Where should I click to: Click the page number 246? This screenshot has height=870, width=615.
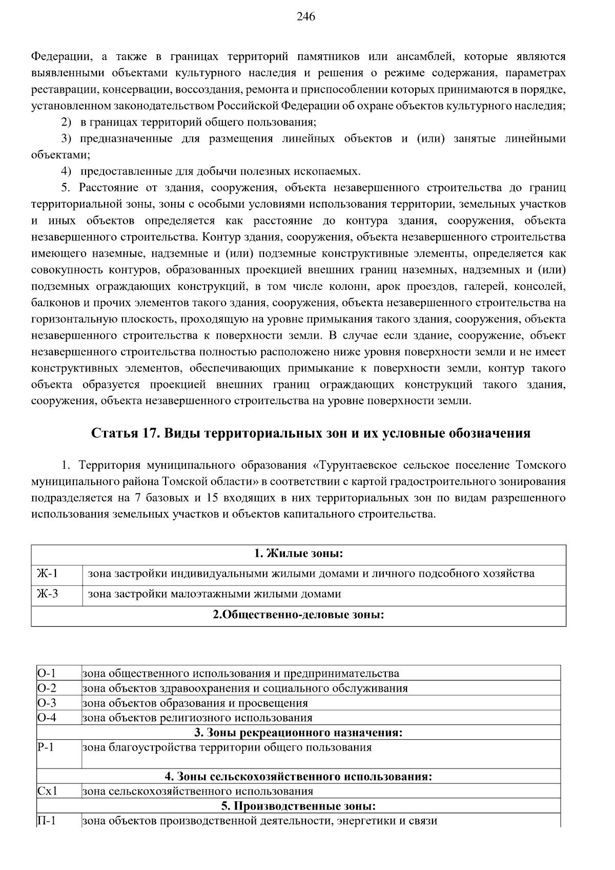[306, 17]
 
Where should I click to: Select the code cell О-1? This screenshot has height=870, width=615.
[47, 673]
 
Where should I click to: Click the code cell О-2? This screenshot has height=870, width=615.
[47, 688]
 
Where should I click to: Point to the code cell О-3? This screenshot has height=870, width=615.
[47, 702]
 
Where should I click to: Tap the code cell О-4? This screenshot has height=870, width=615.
[47, 717]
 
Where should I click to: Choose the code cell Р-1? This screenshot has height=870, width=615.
[46, 747]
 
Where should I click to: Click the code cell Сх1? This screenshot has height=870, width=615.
[47, 791]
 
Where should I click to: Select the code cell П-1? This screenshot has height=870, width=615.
[47, 821]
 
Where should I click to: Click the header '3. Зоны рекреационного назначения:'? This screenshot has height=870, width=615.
[298, 732]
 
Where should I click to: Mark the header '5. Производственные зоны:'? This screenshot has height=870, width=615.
[298, 806]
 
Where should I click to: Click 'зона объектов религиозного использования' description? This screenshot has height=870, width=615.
[197, 717]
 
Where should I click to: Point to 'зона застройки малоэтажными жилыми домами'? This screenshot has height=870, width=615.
[214, 594]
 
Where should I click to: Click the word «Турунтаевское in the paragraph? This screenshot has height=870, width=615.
[354, 465]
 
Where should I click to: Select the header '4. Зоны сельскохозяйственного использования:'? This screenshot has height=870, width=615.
[298, 776]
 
